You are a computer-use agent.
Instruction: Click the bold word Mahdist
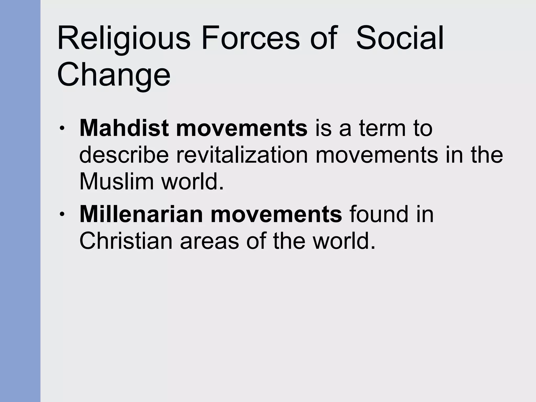tap(124, 129)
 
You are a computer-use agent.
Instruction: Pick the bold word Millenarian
tap(141, 214)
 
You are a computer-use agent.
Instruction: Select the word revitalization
tap(242, 155)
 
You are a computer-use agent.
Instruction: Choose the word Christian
tap(126, 241)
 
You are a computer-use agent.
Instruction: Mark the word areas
tap(209, 241)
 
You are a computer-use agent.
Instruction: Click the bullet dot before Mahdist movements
tap(62, 129)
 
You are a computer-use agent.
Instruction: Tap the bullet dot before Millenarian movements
tap(62, 214)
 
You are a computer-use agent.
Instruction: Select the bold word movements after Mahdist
tap(242, 129)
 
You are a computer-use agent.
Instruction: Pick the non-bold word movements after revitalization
tap(377, 155)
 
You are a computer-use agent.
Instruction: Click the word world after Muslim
tap(192, 182)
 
